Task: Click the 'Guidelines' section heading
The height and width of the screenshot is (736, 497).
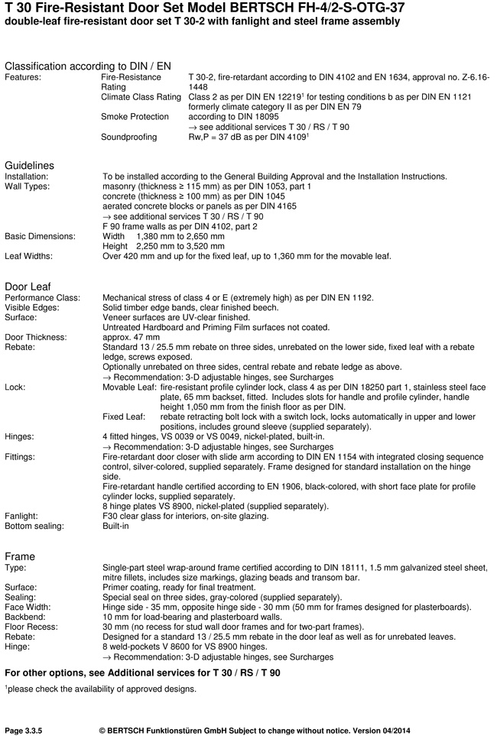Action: coord(30,165)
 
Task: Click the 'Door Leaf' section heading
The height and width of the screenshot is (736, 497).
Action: coord(28,286)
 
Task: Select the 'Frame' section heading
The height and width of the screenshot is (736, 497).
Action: coord(20,556)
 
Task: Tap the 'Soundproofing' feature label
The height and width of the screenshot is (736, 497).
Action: coord(129,138)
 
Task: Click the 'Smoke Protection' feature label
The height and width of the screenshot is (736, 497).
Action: coord(135,117)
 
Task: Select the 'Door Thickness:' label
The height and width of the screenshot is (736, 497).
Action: coord(36,337)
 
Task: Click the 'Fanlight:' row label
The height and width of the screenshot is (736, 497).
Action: coord(22,516)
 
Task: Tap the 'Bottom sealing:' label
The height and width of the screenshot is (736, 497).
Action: coord(35,526)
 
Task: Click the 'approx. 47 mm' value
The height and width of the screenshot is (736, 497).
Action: coord(131,337)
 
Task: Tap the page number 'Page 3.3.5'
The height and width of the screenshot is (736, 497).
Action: coord(24,721)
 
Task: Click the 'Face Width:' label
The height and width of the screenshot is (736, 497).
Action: coord(28,606)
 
